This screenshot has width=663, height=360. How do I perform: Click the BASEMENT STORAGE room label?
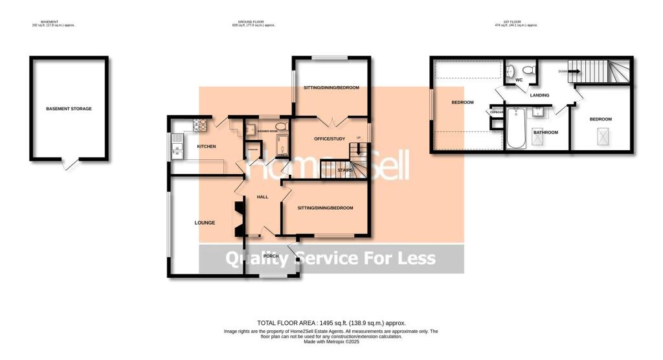[69, 109]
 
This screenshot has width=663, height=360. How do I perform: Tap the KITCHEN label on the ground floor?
[207, 146]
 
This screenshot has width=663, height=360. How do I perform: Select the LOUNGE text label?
[205, 223]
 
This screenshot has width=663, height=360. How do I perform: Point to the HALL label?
[262, 197]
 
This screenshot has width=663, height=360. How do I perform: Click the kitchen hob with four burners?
[201, 124]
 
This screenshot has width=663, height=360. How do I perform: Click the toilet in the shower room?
[280, 126]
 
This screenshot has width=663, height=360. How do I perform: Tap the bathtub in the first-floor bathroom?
[516, 127]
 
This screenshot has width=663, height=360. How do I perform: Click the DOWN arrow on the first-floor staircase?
[566, 71]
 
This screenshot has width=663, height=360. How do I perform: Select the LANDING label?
[539, 95]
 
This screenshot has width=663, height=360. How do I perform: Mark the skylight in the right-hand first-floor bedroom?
[600, 136]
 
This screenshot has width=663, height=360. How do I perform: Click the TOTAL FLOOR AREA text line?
[331, 322]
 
